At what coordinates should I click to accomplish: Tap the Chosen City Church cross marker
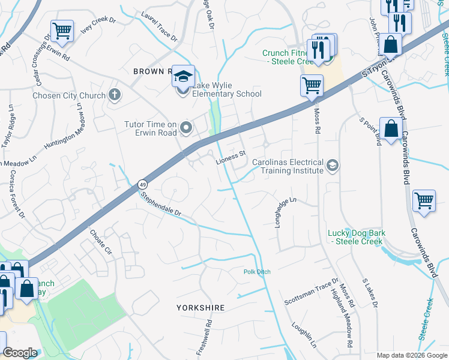click(114, 95)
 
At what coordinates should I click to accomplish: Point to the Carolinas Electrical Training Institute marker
click(332, 164)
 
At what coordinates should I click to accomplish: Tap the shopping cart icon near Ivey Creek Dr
click(62, 30)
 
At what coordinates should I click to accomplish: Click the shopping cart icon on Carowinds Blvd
click(424, 200)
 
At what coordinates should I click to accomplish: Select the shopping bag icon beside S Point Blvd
click(390, 128)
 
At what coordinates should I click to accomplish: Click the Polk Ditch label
click(257, 272)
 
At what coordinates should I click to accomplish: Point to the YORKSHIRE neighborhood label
click(200, 307)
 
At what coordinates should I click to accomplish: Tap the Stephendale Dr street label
click(161, 204)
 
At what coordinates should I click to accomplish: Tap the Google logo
click(20, 353)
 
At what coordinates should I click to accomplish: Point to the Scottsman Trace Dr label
click(312, 290)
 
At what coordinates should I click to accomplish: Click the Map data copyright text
click(411, 355)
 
